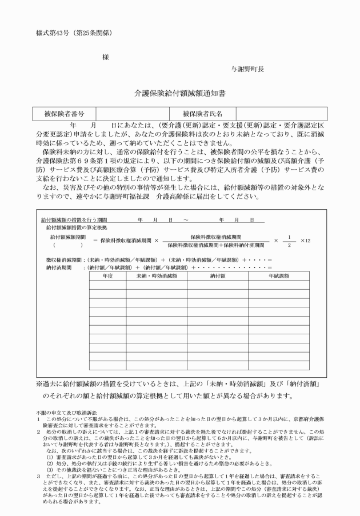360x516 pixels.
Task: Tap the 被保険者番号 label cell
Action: pyautogui.click(x=64, y=114)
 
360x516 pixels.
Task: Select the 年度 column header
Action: pyautogui.click(x=108, y=275)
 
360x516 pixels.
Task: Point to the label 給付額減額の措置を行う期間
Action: pyautogui.click(x=74, y=219)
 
